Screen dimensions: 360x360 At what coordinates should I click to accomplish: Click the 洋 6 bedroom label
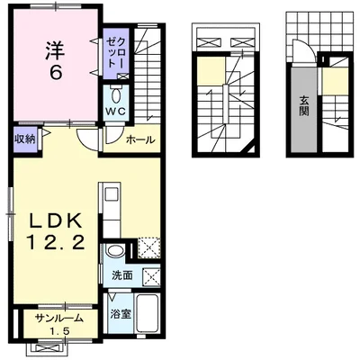pos(55,60)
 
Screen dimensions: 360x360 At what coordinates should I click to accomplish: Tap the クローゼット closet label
pos(116,53)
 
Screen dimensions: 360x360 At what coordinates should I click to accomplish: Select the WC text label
pos(116,112)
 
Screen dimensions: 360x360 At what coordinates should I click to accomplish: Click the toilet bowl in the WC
pos(116,95)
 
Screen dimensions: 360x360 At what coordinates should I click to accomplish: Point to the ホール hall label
pos(140,139)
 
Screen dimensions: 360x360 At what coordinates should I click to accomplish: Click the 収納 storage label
pos(25,139)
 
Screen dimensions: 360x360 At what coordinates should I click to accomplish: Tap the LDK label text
pos(56,221)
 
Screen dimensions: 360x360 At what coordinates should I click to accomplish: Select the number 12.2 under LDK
pos(56,242)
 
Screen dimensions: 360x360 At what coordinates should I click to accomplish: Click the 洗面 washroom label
pos(122,275)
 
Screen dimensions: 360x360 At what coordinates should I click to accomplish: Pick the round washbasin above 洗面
pos(115,251)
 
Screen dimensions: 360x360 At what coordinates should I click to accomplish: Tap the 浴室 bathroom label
pos(121,314)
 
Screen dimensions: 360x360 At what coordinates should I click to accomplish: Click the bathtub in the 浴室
pos(148,313)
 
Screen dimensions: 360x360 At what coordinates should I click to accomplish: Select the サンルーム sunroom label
pos(58,319)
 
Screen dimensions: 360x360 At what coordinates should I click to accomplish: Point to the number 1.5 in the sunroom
pos(60,331)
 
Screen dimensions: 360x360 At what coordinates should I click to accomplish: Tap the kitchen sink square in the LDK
pos(111,193)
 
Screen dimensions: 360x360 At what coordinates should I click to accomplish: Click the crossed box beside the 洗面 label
pos(151,275)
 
